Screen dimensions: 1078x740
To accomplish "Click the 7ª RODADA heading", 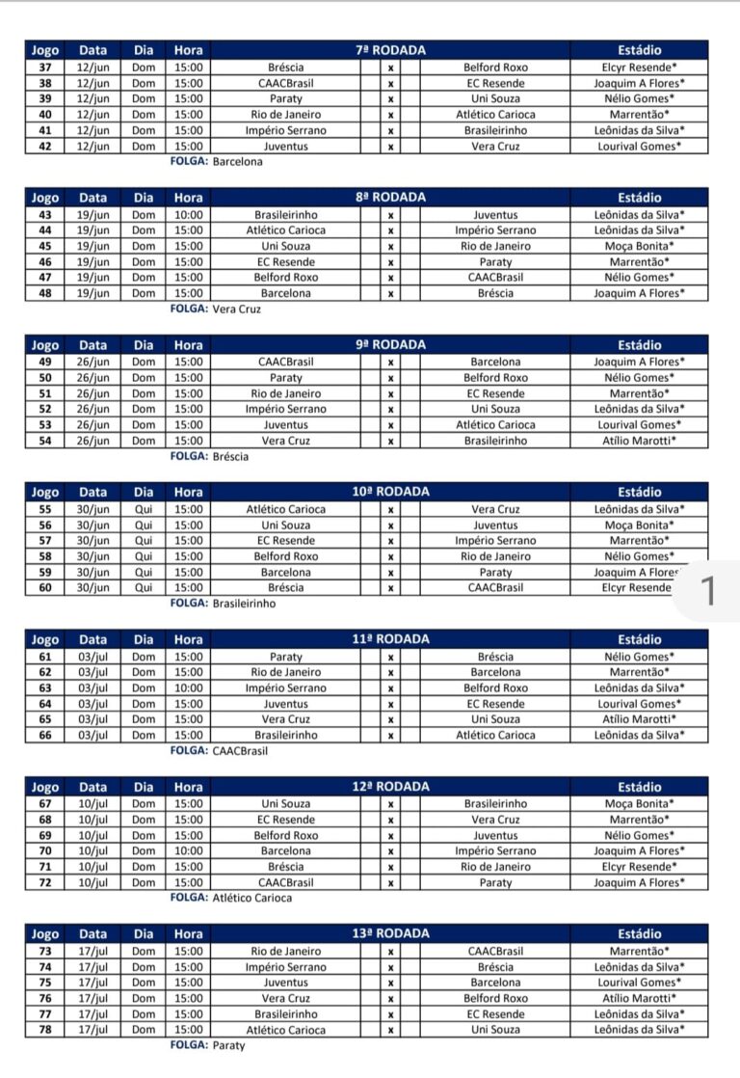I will pyautogui.click(x=390, y=49).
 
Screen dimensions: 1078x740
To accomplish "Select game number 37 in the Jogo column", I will pyautogui.click(x=44, y=67).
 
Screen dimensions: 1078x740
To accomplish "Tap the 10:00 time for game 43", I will pyautogui.click(x=189, y=215).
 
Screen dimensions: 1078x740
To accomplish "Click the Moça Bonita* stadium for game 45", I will pyautogui.click(x=639, y=246).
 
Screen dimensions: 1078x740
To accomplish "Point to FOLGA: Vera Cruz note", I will pyautogui.click(x=215, y=310).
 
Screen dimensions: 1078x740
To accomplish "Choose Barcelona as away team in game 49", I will pyautogui.click(x=495, y=362).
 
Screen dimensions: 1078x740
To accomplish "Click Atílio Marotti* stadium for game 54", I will pyautogui.click(x=639, y=441).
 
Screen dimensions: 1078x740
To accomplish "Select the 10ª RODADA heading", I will pyautogui.click(x=390, y=492).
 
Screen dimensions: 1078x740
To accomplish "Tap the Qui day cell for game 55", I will pyautogui.click(x=144, y=509).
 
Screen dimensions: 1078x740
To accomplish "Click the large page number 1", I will pyautogui.click(x=709, y=592).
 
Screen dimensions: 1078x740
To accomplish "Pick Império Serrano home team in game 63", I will pyautogui.click(x=285, y=688).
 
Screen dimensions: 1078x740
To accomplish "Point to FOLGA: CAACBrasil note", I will pyautogui.click(x=219, y=750).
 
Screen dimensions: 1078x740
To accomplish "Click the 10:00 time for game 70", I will pyautogui.click(x=189, y=851).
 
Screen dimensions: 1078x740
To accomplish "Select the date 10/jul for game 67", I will pyautogui.click(x=92, y=804).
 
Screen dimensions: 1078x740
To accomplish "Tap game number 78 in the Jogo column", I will pyautogui.click(x=44, y=1030).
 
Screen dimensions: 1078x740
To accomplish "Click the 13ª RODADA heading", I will pyautogui.click(x=390, y=933).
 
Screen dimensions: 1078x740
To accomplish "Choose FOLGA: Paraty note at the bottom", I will pyautogui.click(x=207, y=1045).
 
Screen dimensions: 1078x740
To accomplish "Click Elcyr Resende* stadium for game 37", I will pyautogui.click(x=639, y=67).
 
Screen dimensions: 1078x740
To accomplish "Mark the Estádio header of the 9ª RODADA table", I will pyautogui.click(x=639, y=344).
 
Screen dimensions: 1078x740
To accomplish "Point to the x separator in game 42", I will pyautogui.click(x=390, y=147).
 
